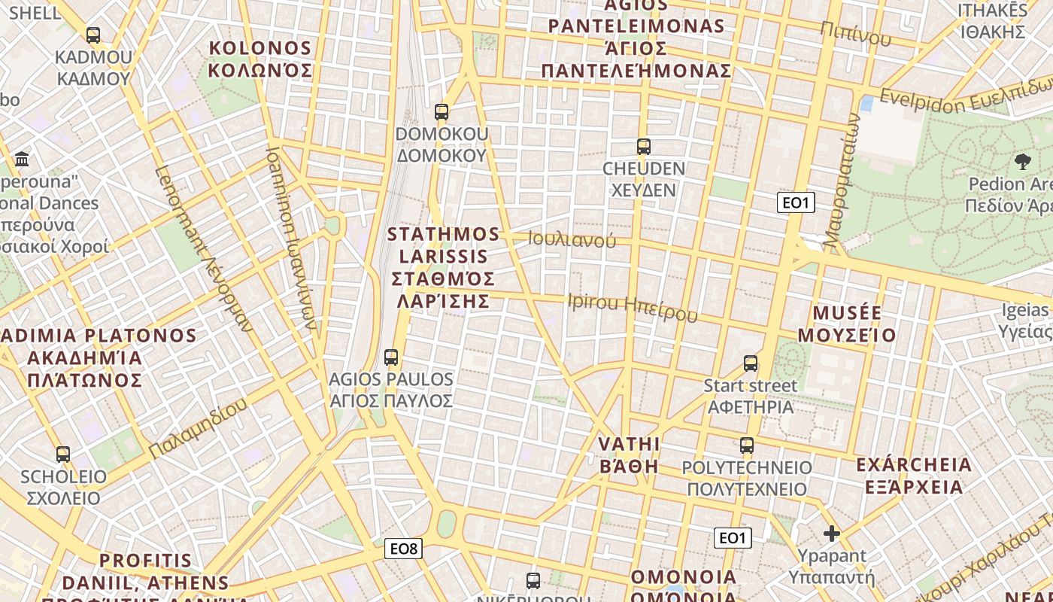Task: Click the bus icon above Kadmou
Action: pyautogui.click(x=93, y=35)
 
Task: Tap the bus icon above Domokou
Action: pyautogui.click(x=442, y=112)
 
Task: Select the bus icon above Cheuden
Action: pyautogui.click(x=644, y=147)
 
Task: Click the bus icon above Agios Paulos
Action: pyautogui.click(x=391, y=357)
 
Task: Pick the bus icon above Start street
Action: pyautogui.click(x=751, y=363)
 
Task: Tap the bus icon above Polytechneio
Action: pyautogui.click(x=747, y=445)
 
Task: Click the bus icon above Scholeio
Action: pyautogui.click(x=63, y=455)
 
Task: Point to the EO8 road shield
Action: pyautogui.click(x=404, y=549)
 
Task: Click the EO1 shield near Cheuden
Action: pyautogui.click(x=796, y=202)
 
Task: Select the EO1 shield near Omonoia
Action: pyautogui.click(x=732, y=537)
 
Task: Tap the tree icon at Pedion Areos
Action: pyautogui.click(x=1022, y=160)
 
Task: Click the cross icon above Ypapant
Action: pyautogui.click(x=831, y=534)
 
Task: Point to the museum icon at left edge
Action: pyautogui.click(x=22, y=160)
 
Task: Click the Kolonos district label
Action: pyautogui.click(x=260, y=59)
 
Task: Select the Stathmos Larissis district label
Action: pyautogui.click(x=443, y=267)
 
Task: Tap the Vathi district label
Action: pyautogui.click(x=629, y=455)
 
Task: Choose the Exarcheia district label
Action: pyautogui.click(x=914, y=475)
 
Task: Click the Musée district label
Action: pyautogui.click(x=847, y=324)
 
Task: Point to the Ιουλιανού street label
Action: pyautogui.click(x=572, y=240)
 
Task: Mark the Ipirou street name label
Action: pyautogui.click(x=633, y=307)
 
